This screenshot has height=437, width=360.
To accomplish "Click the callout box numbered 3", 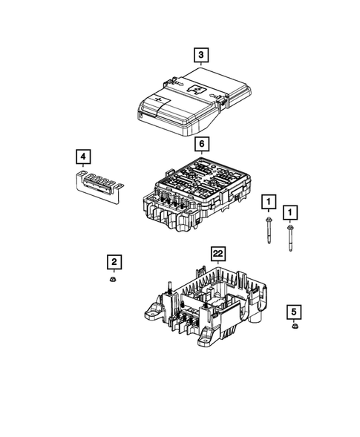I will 200,55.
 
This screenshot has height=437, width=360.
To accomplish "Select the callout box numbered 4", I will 85,157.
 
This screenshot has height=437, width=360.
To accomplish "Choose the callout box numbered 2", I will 114,262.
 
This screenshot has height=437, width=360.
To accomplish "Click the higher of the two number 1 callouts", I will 267,201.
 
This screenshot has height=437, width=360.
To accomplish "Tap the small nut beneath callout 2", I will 114,280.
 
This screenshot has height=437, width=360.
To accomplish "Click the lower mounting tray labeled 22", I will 208,304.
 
